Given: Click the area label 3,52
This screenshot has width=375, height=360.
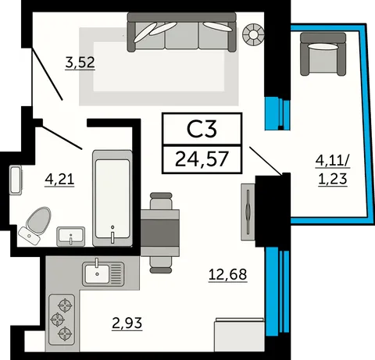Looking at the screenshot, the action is pyautogui.click(x=80, y=62).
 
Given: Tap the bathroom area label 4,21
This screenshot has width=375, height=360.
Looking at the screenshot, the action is pyautogui.click(x=59, y=180).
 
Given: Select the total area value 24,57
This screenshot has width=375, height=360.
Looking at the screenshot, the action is pyautogui.click(x=202, y=159).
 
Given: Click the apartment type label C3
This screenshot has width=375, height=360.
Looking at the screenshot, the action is pyautogui.click(x=202, y=129).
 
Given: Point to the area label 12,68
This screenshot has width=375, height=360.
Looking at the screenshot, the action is pyautogui.click(x=227, y=274).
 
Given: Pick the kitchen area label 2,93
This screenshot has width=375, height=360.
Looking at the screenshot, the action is pyautogui.click(x=127, y=323).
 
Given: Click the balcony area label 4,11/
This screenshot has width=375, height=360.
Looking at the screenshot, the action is pyautogui.click(x=333, y=162).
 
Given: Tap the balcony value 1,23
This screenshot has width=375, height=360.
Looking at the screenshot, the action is pyautogui.click(x=333, y=180).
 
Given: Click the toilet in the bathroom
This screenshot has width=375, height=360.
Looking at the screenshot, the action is pyautogui.click(x=34, y=225).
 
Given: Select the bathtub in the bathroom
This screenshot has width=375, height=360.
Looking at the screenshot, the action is pyautogui.click(x=112, y=198).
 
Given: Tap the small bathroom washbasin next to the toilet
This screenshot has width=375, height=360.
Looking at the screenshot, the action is pyautogui.click(x=71, y=237).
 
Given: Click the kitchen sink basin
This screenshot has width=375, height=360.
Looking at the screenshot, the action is pyautogui.click(x=96, y=274).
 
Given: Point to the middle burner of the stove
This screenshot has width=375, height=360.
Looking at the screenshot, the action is pyautogui.click(x=57, y=319).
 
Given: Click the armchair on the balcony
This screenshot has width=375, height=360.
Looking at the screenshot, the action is pyautogui.click(x=323, y=54).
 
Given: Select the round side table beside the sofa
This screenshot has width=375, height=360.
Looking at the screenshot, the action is pyautogui.click(x=253, y=34).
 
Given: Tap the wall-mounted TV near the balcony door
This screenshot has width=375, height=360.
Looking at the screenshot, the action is pyautogui.click(x=248, y=212).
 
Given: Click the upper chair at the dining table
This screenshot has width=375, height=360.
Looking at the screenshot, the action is pyautogui.click(x=161, y=201).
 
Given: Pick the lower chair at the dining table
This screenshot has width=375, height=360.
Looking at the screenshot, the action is pyautogui.click(x=161, y=265).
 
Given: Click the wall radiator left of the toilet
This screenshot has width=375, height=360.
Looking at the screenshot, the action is pyautogui.click(x=16, y=180).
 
